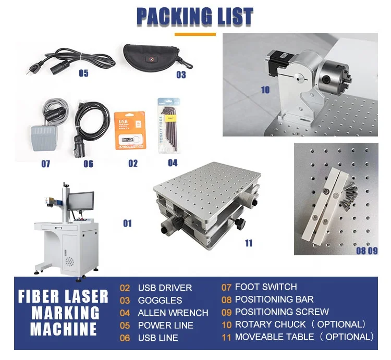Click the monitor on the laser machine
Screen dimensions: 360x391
click(82, 201)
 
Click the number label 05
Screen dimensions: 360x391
click(83, 73)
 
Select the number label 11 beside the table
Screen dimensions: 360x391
click(248, 243)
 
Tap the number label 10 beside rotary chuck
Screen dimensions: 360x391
click(265, 90)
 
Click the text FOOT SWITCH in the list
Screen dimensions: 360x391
click(266, 287)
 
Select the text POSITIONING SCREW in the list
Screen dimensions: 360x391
click(282, 312)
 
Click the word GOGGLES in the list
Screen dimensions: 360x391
click(160, 301)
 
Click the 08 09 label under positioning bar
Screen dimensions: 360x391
click(366, 250)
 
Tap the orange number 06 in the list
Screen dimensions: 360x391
click(125, 338)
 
